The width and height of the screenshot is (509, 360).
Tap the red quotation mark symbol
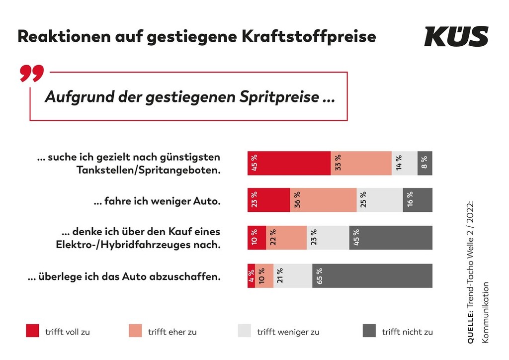point(32,73)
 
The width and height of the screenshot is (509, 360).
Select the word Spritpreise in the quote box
point(280,97)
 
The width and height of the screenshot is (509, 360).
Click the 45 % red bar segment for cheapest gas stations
point(289,163)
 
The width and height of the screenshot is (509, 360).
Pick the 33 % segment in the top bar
point(361,163)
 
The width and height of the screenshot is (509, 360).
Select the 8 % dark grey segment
point(425,163)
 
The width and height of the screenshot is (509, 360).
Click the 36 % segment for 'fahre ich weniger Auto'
point(323,200)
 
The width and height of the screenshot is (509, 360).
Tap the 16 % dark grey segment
point(418,200)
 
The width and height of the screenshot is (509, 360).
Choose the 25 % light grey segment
point(380,200)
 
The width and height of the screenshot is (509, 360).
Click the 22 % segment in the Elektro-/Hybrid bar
point(286,238)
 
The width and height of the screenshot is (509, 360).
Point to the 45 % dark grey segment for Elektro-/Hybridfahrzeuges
point(391,238)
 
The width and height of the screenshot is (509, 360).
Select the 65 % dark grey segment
point(372,275)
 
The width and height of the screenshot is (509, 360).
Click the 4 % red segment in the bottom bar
point(251,275)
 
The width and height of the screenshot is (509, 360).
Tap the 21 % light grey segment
point(293,275)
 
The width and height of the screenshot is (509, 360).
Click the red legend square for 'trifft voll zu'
point(32,331)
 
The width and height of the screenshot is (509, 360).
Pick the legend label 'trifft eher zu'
point(172,332)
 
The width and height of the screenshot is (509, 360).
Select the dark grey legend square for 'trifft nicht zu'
point(369,331)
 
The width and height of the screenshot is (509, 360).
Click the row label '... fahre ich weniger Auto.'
point(157,202)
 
